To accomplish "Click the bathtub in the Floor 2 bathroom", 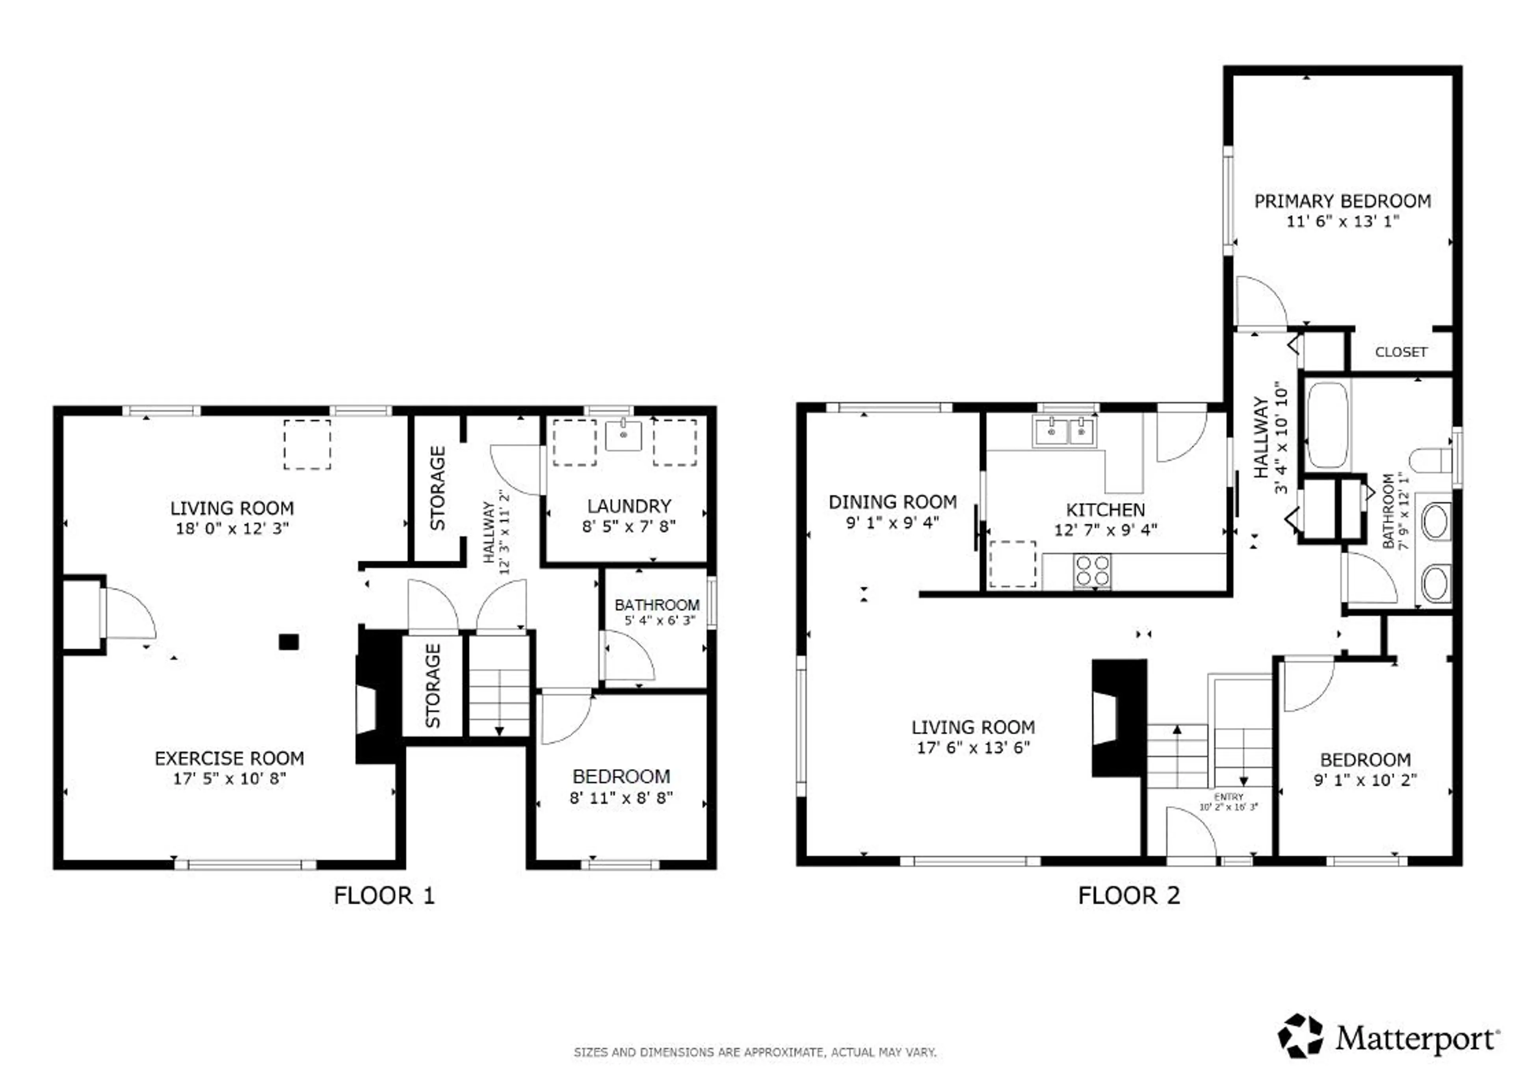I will [1328, 425].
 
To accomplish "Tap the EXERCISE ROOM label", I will [230, 758].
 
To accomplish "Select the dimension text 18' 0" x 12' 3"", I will [232, 528].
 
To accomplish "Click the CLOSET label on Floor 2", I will [1401, 352].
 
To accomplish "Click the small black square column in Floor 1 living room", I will [288, 642].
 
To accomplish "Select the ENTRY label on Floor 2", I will [1228, 797].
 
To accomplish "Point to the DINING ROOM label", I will [892, 502].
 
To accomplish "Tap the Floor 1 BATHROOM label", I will [657, 605].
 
